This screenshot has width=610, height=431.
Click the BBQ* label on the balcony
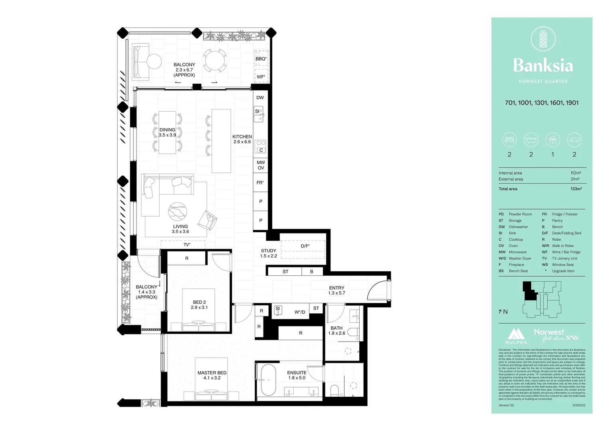[261, 59]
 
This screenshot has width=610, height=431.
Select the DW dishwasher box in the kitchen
[260, 98]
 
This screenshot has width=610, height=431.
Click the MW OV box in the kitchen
[261, 165]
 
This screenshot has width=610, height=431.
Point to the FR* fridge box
[260, 183]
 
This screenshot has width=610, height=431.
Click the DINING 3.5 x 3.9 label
[167, 132]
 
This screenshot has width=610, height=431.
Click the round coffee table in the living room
[178, 211]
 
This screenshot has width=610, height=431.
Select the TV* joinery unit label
[187, 245]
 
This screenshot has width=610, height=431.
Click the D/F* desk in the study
[305, 246]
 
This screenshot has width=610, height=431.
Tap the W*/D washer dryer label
[300, 312]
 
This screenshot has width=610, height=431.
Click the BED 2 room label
[199, 305]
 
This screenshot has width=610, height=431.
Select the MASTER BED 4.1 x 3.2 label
[212, 375]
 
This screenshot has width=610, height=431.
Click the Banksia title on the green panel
[543, 65]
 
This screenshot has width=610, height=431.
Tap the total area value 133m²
[576, 189]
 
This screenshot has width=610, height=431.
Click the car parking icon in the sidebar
[574, 140]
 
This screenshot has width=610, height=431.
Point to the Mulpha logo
[516, 336]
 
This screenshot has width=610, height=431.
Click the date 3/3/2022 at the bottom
[578, 405]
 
